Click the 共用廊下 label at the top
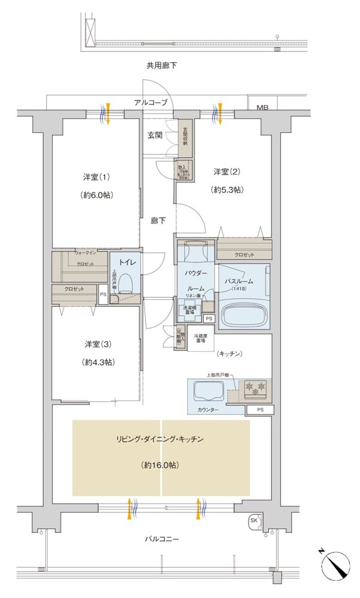pyautogui.click(x=161, y=65)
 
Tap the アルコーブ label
pyautogui.click(x=151, y=103)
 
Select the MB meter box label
pyautogui.click(x=263, y=108)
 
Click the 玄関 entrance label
pyautogui.click(x=155, y=135)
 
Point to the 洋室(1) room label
pyautogui.click(x=96, y=178)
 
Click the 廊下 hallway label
pyautogui.click(x=158, y=220)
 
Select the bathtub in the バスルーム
pyautogui.click(x=244, y=313)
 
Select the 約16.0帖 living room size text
pyautogui.click(x=161, y=465)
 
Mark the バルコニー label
pyautogui.click(x=161, y=539)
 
